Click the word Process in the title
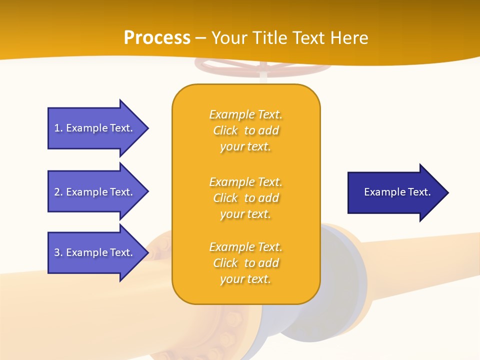[x=157, y=38]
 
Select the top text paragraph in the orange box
[x=245, y=130]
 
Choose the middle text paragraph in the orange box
[x=245, y=198]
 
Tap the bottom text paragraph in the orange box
[x=245, y=263]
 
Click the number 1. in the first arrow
[x=58, y=128]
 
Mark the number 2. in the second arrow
[x=58, y=192]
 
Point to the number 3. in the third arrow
[x=58, y=252]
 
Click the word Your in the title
[x=228, y=38]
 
